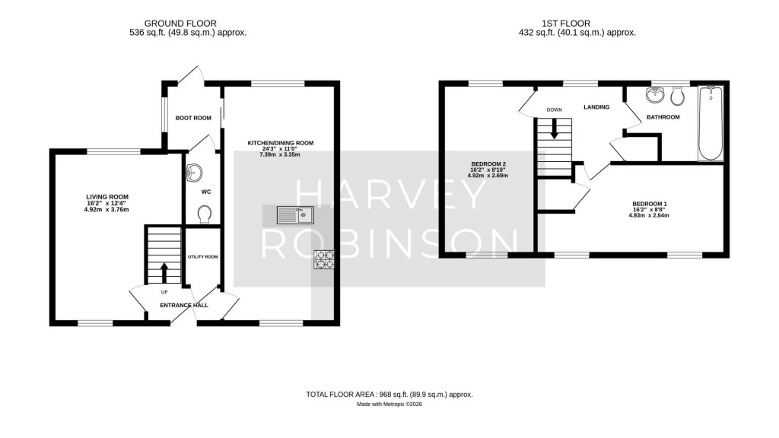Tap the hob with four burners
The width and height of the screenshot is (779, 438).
[x=323, y=261]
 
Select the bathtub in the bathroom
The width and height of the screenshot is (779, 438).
[x=710, y=125]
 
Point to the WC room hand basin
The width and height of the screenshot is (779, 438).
[x=193, y=173]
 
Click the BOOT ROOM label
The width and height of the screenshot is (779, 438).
[x=193, y=118]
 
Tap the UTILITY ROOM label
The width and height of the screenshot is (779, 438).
[x=203, y=257]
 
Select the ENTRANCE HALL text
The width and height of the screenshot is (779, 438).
[x=183, y=306]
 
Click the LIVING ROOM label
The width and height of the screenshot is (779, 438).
[x=107, y=196]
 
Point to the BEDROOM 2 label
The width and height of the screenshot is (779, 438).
[x=488, y=164]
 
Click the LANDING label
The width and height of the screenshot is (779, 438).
[x=596, y=107]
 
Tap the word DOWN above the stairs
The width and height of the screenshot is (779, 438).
[x=554, y=109]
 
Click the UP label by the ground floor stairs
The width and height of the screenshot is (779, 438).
[x=164, y=291]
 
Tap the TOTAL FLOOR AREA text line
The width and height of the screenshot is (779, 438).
[x=389, y=395]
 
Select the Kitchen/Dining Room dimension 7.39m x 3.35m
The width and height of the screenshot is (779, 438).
[x=280, y=155]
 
